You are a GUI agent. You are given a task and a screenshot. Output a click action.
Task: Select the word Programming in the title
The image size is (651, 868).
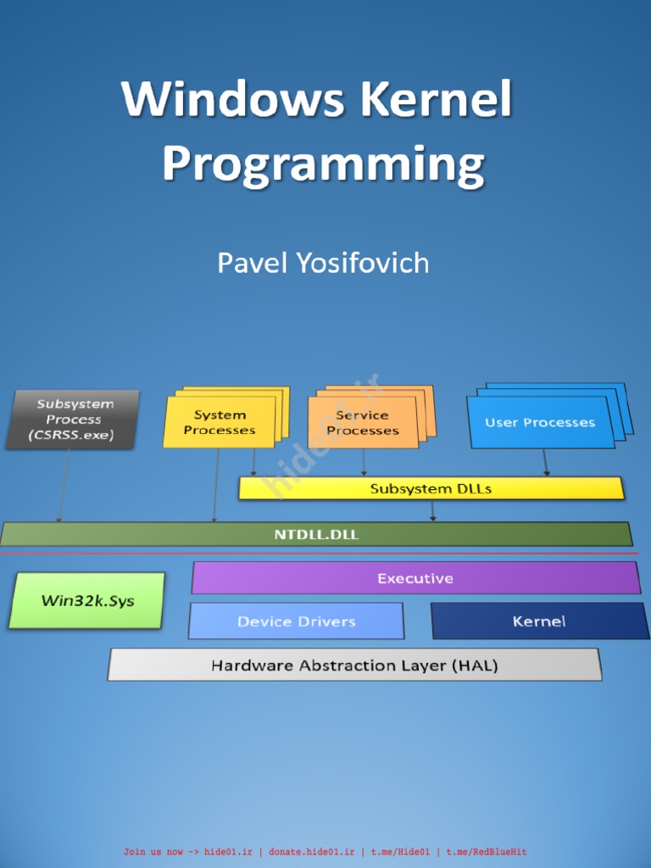coord(323,164)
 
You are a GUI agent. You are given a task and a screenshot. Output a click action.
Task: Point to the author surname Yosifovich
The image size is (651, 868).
coord(362,263)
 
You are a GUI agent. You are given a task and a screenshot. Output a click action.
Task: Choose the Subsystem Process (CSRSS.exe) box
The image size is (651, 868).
coord(74,420)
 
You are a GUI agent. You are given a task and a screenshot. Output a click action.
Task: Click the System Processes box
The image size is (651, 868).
coord(220,422)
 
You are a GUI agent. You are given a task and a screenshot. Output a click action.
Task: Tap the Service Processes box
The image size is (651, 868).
coord(362,422)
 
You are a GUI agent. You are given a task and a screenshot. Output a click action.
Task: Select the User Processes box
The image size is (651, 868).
coord(540,422)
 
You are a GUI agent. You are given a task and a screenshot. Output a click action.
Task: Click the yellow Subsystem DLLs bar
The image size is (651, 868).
coord(431,488)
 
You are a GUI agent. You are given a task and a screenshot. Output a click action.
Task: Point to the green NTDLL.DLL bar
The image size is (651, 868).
coord(315,535)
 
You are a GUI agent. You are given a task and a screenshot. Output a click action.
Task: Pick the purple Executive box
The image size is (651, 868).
coord(415,578)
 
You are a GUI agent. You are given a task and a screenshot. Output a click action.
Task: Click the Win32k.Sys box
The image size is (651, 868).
coord(87,601)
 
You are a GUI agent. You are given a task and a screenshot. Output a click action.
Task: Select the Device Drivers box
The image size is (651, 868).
coord(296,621)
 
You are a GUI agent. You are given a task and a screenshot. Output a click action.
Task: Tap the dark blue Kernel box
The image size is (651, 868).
coord(539,621)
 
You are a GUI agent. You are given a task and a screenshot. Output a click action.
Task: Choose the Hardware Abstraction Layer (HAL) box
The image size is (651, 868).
coord(354,665)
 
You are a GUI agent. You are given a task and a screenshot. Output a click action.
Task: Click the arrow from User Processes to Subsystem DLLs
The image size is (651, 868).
coord(545,462)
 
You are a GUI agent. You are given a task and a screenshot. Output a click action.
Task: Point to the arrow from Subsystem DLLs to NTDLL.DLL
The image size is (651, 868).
coord(433,510)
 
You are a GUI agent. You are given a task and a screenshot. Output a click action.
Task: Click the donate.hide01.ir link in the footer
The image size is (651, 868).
coord(312,852)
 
